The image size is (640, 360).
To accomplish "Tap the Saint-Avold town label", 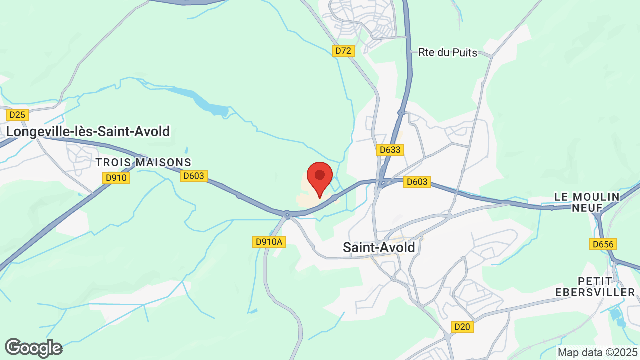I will pos(379,247).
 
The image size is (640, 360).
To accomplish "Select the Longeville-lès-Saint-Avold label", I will pos(88,131).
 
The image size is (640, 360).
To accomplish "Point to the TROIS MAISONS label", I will pos(143,162).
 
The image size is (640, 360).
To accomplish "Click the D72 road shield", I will pos(344,51).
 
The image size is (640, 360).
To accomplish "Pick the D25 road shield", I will pos(17,115).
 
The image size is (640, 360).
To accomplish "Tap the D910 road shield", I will pos(116,178).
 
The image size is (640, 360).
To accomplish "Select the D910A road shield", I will pos(269,242).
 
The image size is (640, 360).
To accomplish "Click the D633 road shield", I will pos(390,150).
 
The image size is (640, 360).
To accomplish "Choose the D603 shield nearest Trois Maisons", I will pos(194,175).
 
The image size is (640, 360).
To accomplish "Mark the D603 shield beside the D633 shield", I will pos(417,182).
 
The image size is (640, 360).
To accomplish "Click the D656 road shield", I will pos(603,244).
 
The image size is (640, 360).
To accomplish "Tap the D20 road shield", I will pos(462,327).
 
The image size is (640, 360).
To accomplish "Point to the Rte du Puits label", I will pos(448,52).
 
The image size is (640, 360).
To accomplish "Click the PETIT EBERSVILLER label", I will pos(606,286).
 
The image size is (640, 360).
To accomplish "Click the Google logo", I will pos(33,348).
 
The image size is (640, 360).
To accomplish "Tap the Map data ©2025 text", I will pos(598,353).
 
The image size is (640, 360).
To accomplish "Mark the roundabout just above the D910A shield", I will pos(287,215).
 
